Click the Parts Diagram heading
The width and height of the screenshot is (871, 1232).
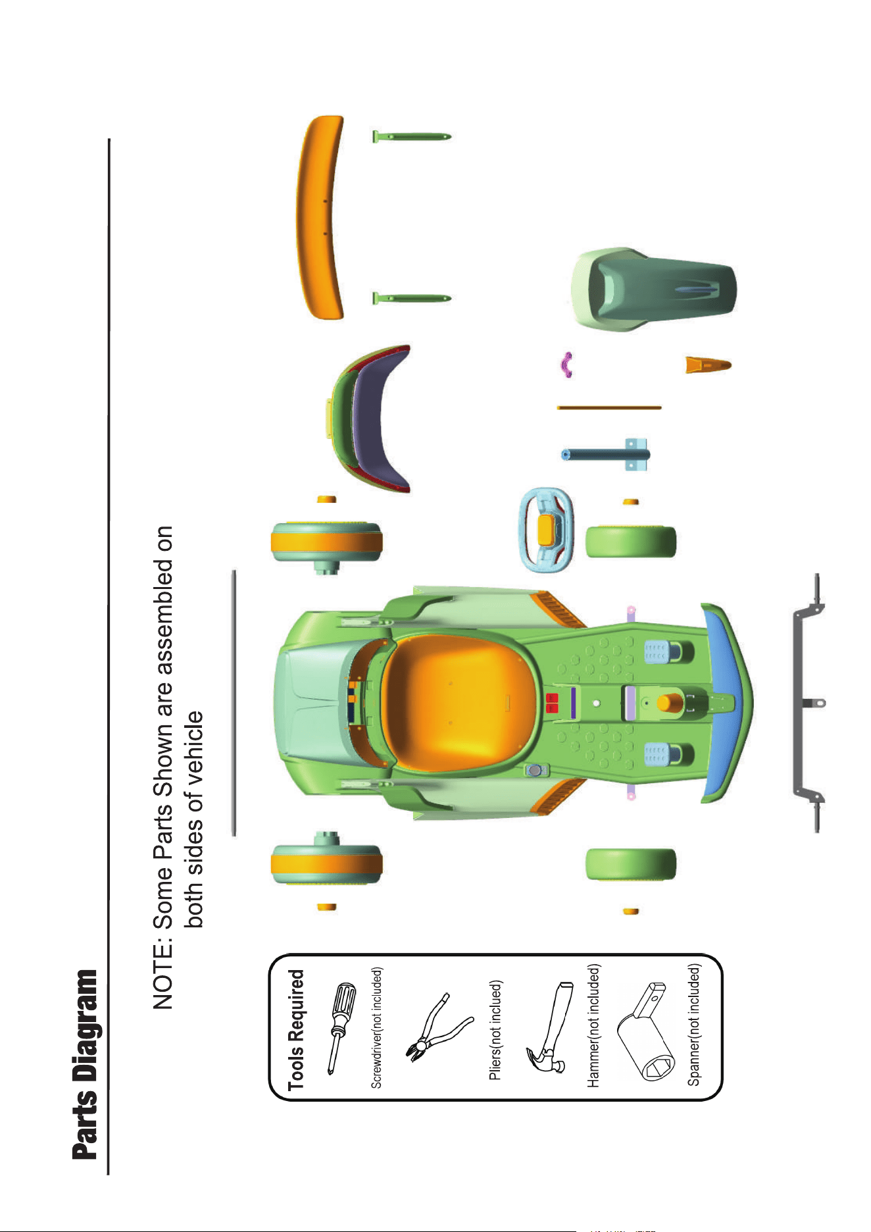tap(85, 1064)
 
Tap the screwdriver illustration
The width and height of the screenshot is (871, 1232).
tap(341, 1029)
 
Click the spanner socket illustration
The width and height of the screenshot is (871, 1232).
tap(648, 1031)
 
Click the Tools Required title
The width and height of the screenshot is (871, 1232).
tap(297, 1030)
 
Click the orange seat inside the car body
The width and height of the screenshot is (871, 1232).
tap(459, 701)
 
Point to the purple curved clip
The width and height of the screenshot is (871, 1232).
tap(565, 365)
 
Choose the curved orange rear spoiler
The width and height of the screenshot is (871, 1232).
tap(318, 217)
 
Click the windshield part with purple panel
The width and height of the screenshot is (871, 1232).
tap(372, 419)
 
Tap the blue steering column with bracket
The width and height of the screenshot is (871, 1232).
tap(607, 454)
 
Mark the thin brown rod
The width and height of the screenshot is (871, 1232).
tap(609, 408)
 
